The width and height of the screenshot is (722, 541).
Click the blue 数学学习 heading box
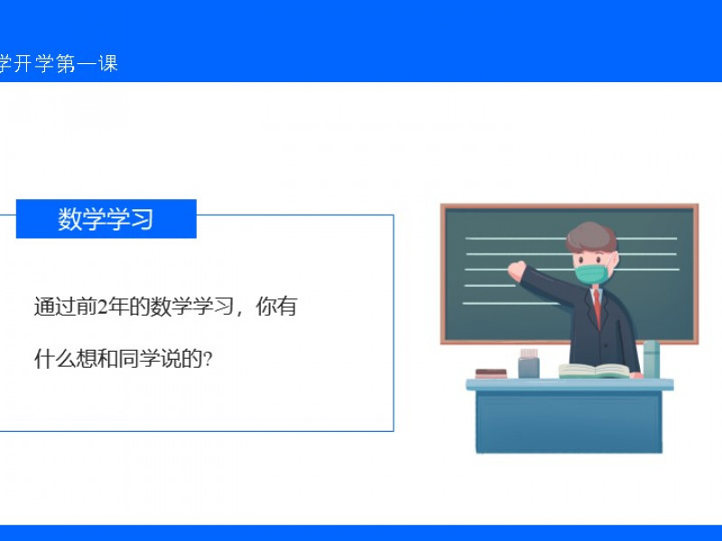tap(106, 219)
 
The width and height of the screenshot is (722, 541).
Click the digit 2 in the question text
tap(103, 307)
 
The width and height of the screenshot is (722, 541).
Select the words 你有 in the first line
tap(276, 307)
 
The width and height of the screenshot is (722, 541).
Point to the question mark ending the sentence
tap(208, 359)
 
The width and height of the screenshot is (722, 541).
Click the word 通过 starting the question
tap(55, 307)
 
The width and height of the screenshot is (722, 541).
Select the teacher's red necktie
tap(597, 307)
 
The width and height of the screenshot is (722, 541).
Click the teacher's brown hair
tap(591, 236)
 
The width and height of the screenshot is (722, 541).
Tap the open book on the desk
tap(594, 371)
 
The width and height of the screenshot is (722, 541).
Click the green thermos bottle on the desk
tap(651, 359)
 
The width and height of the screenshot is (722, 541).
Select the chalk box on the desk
tap(529, 363)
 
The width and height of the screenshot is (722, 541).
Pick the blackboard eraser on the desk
tap(491, 373)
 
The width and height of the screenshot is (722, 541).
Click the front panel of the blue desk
tap(569, 421)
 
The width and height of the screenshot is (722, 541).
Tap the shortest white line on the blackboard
tap(490, 286)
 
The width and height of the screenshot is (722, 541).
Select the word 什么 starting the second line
tap(55, 359)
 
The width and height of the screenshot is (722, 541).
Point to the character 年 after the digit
tap(118, 307)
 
